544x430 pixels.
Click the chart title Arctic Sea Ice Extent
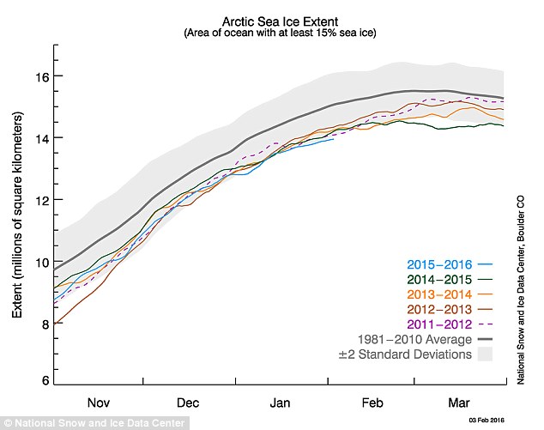pos(279,20)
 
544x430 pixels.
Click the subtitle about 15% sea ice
pos(279,33)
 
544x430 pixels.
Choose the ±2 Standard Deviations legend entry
pos(404,354)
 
